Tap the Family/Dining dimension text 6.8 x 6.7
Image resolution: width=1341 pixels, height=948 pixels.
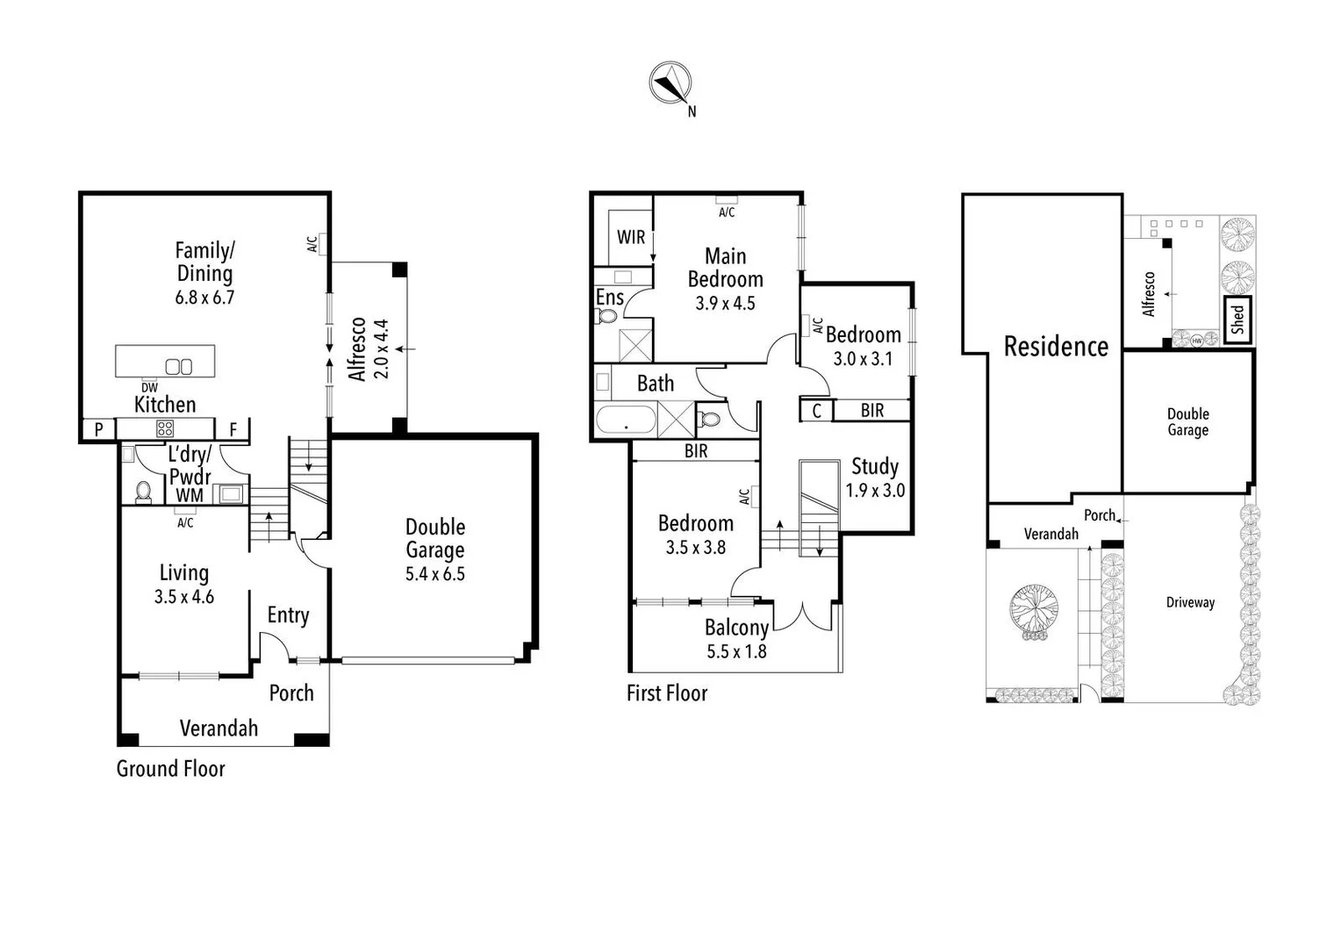204,298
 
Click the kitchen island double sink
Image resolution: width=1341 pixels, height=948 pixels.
179,367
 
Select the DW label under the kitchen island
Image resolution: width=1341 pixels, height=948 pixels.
149,388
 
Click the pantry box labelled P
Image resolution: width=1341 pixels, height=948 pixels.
99,429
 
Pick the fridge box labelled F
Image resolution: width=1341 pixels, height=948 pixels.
233,429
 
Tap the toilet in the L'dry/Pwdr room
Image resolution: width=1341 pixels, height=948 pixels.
144,492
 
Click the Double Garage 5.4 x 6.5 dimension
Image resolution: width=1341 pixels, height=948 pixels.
435,574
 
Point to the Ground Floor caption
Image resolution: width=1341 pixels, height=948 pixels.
171,769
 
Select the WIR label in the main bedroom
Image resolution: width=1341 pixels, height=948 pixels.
631,237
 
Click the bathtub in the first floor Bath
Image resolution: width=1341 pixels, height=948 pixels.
626,420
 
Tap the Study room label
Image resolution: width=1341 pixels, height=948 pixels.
875,466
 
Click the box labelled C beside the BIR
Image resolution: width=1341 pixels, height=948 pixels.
817,411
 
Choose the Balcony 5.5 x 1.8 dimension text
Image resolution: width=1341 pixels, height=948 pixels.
736,651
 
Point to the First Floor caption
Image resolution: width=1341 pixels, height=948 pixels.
667,693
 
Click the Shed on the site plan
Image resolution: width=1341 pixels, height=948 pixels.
1237,319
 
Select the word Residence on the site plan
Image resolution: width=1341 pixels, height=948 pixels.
1056,347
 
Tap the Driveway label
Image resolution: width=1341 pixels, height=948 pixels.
1190,602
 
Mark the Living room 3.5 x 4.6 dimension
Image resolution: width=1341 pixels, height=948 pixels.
184,597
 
